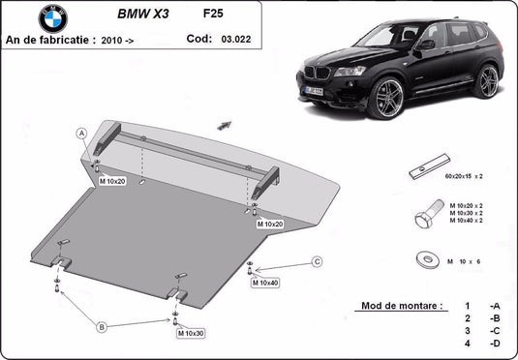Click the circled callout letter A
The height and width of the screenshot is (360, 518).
[83, 133]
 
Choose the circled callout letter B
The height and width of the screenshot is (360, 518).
[101, 328]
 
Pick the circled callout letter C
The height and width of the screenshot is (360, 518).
[316, 261]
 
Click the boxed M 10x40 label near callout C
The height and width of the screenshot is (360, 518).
[264, 283]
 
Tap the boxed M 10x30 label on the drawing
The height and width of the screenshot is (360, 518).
[190, 333]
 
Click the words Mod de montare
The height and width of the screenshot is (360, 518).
[402, 305]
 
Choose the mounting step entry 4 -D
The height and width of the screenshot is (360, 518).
[481, 344]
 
